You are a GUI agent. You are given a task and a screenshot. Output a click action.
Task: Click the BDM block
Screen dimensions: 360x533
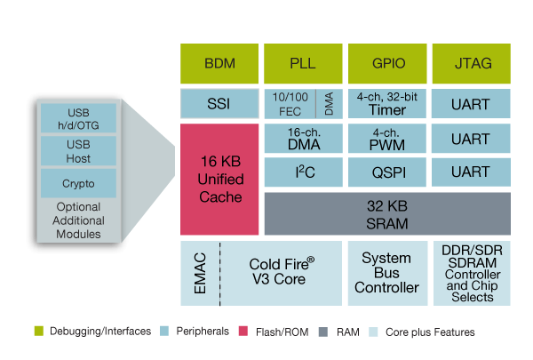[219, 62]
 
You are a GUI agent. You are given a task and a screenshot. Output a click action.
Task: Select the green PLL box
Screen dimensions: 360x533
[303, 62]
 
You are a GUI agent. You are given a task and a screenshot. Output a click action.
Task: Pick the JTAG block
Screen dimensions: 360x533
[470, 62]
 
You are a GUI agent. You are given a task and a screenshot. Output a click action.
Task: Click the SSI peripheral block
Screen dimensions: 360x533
[219, 103]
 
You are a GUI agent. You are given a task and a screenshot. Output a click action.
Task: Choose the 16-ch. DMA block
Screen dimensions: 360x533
[303, 138]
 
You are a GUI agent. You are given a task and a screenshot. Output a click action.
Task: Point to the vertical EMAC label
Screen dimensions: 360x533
[197, 274]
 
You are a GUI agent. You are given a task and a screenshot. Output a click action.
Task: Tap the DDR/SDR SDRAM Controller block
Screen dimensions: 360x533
[471, 274]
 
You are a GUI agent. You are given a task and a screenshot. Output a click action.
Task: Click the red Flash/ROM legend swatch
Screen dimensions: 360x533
[243, 332]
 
